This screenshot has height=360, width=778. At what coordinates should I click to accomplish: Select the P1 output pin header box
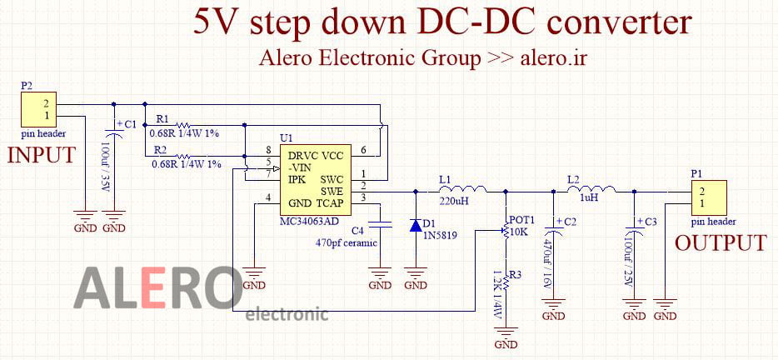tap(707, 197)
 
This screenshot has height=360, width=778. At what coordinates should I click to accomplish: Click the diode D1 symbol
tap(415, 225)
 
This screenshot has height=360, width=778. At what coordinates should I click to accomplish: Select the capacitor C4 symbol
tap(380, 223)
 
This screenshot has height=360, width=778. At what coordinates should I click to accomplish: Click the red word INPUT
tap(42, 156)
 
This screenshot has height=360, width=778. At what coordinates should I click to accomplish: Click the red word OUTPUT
tap(721, 243)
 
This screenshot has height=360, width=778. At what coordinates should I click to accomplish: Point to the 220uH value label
tap(455, 201)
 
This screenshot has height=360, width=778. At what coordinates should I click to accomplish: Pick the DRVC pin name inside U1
tap(302, 156)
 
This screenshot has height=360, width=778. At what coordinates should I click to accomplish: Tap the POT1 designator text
tap(521, 217)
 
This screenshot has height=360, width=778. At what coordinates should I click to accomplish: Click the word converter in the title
tap(618, 22)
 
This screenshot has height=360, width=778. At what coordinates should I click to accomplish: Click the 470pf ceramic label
tap(347, 242)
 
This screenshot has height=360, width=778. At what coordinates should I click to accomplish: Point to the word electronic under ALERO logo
tap(287, 314)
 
